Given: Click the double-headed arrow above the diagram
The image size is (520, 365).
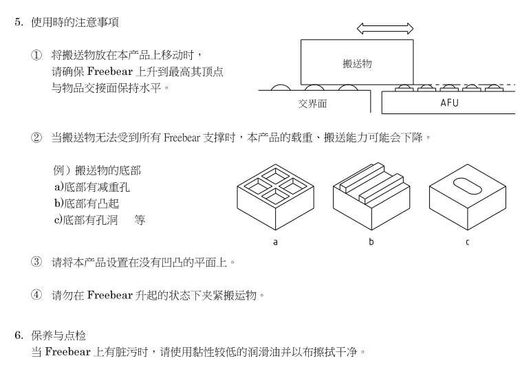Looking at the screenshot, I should click(385, 29).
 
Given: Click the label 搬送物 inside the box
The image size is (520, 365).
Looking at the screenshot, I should click(357, 64).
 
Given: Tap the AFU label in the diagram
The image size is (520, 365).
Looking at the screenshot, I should click(448, 104).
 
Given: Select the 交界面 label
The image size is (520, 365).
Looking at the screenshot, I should click(312, 104).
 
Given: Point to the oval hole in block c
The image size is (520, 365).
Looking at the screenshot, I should click(468, 186).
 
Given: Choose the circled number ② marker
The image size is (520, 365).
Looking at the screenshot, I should click(36, 137).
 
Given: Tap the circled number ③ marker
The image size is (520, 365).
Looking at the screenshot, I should click(36, 263).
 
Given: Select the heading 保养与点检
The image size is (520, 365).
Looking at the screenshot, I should click(58, 335).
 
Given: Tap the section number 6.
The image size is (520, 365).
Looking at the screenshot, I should click(19, 335).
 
